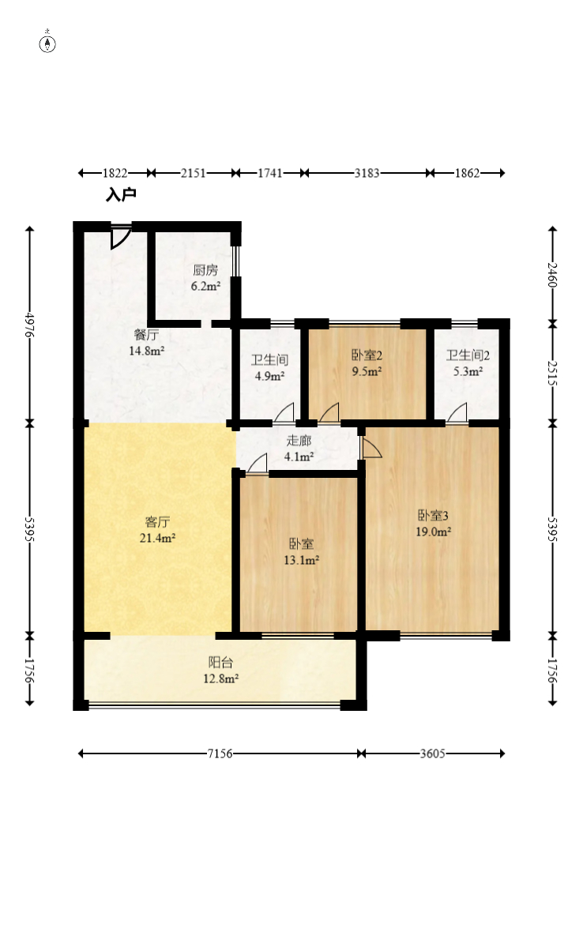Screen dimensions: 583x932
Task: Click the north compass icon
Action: pos(47,43)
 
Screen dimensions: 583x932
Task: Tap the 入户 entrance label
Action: pos(121,194)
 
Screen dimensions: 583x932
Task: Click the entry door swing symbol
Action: pos(119,236)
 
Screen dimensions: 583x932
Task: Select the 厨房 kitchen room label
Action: pos(205,278)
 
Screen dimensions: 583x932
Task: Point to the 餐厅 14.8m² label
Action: pos(147,342)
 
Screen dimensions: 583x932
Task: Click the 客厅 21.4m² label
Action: pos(157,530)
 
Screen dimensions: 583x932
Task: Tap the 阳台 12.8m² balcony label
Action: pos(221,671)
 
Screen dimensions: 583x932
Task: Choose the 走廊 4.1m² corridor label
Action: pos(299,449)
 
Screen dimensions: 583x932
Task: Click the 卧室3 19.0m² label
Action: pos(433,523)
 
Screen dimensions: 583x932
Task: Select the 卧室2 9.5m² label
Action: pos(367,363)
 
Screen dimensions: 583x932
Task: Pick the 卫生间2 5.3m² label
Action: pos(468,363)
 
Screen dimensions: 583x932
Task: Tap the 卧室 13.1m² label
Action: pos(302,551)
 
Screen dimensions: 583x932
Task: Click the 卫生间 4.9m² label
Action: pos(270,368)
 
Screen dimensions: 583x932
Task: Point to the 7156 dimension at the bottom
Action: pos(220,753)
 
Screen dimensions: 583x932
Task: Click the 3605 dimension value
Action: pos(433,753)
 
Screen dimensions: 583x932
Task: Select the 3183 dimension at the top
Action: pos(367,173)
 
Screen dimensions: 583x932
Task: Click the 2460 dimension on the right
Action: pos(552,275)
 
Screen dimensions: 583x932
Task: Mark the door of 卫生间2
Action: pos(457,413)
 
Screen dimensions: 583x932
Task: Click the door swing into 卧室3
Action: pos(370,448)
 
